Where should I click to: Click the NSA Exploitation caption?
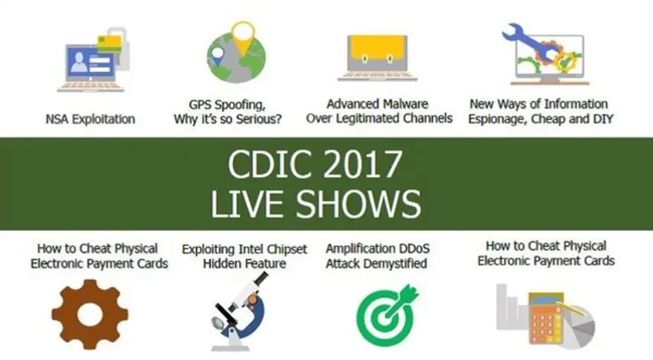(90, 119)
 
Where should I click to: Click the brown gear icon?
(90, 313)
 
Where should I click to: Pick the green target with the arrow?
(386, 314)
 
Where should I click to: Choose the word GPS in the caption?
(203, 105)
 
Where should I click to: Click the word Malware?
(403, 104)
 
